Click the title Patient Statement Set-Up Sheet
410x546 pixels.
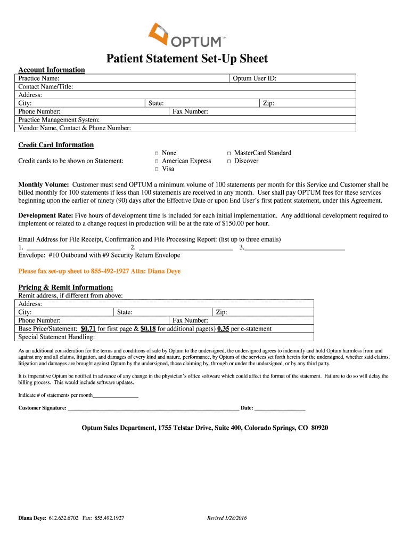[x=186, y=59]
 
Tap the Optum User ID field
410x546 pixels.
[x=314, y=78]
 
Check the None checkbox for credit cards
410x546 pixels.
[x=157, y=154]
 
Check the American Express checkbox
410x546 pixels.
[x=157, y=162]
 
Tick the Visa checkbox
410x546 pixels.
[x=157, y=170]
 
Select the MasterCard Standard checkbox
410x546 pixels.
[x=229, y=154]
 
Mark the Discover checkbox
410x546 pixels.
[x=229, y=162]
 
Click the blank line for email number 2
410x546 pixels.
[x=185, y=248]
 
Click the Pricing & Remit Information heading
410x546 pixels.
[x=65, y=287]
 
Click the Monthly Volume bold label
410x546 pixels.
[x=44, y=184]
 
